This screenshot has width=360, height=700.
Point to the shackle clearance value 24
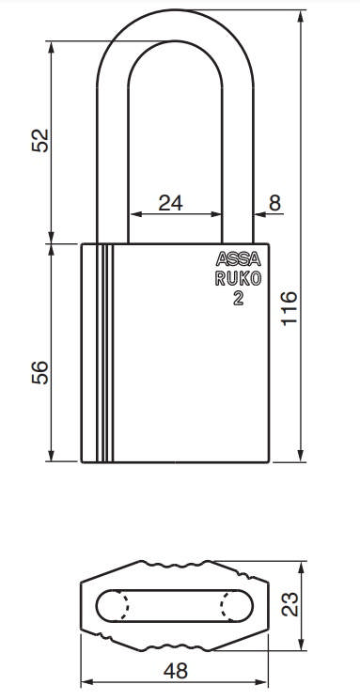coord(171,202)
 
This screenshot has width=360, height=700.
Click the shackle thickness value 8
coord(274,202)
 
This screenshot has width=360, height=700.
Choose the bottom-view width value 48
coord(176,671)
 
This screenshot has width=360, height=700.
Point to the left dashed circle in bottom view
coord(120,605)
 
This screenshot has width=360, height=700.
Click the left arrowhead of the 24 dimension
coord(133,214)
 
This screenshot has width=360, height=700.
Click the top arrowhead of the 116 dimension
coord(300,16)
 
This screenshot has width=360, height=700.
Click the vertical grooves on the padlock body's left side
coord(102,352)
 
